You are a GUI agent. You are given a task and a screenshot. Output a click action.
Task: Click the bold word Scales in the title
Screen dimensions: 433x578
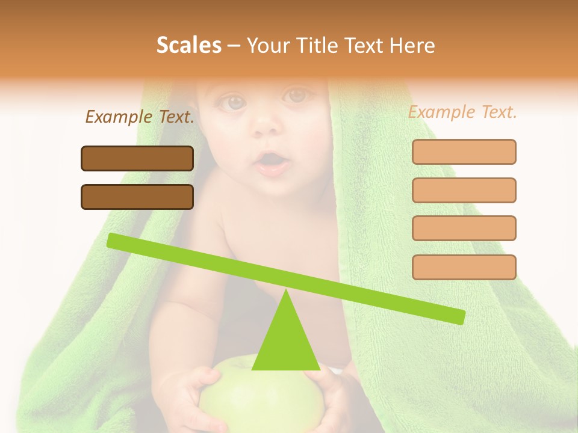188,46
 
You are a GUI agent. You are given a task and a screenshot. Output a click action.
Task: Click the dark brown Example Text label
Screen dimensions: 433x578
140,117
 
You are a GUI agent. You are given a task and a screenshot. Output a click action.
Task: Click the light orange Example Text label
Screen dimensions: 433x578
462,112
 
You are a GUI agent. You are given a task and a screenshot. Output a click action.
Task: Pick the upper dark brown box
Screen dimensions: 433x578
137,158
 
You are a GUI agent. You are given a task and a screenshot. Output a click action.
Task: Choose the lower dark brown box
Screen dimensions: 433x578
137,197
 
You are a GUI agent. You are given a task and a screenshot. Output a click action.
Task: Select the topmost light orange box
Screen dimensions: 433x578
464,152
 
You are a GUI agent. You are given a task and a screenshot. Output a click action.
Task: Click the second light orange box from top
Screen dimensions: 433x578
464,190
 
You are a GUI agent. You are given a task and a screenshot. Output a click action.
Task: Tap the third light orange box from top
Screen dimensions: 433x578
464,228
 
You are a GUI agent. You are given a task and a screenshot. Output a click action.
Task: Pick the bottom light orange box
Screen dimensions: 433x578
464,267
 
